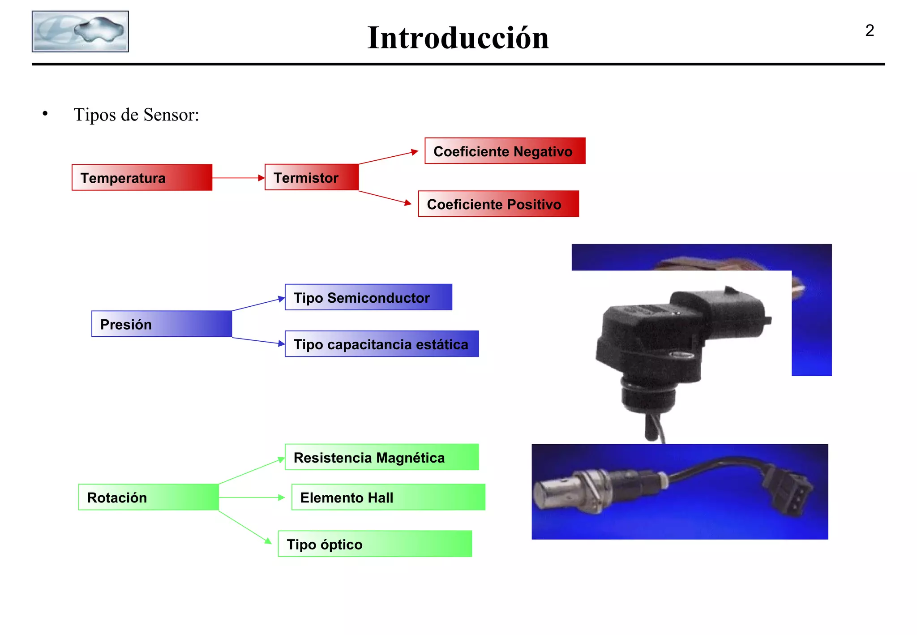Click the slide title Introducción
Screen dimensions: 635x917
(x=458, y=38)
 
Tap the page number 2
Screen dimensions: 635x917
(x=869, y=30)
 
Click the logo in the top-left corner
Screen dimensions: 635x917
(x=80, y=31)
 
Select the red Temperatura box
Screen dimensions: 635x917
(x=142, y=177)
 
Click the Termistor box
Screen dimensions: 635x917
(x=312, y=177)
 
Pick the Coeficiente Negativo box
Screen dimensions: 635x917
(x=505, y=151)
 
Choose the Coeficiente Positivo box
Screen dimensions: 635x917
(x=498, y=204)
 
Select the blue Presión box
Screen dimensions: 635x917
(x=162, y=324)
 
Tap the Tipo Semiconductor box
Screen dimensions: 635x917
(x=368, y=297)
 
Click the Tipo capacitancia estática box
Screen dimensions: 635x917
(x=381, y=344)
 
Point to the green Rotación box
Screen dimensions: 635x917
(x=148, y=497)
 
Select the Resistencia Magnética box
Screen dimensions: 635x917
(x=381, y=457)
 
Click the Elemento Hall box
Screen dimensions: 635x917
(x=388, y=497)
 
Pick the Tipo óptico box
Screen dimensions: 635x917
(x=375, y=544)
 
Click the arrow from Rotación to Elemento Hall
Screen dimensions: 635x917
(x=251, y=497)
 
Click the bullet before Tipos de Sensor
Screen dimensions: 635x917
(x=45, y=114)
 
